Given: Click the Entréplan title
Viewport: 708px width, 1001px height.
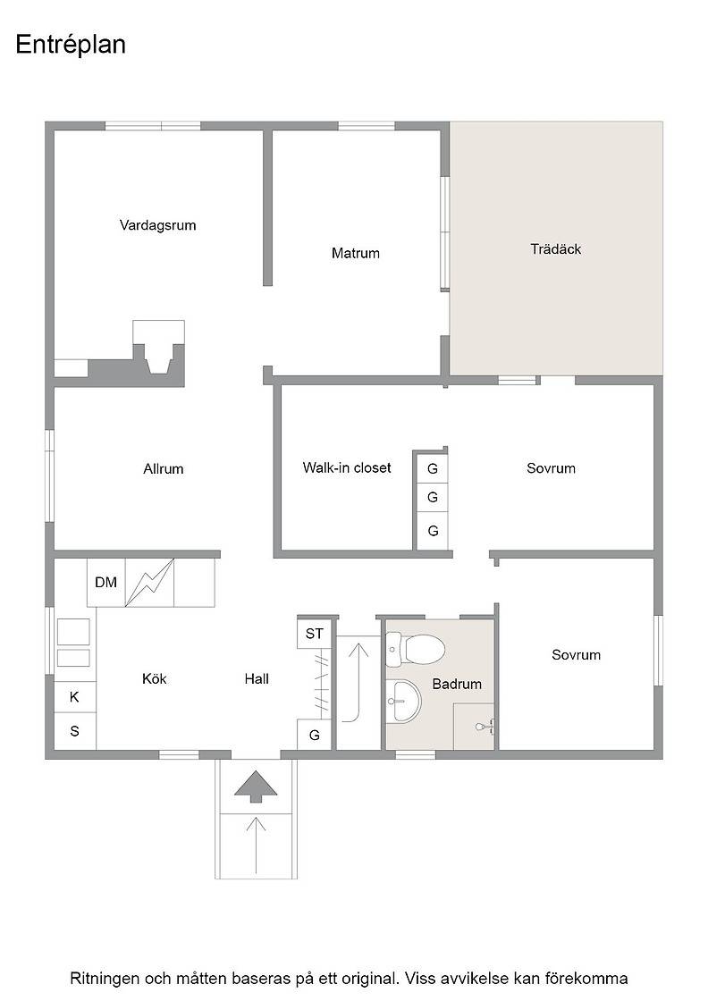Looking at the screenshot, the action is point(71,46).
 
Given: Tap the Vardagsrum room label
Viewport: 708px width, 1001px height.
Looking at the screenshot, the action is point(157,225).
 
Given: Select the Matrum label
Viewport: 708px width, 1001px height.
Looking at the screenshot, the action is point(356,254).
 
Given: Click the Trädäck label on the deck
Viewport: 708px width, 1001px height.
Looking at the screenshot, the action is point(555,249).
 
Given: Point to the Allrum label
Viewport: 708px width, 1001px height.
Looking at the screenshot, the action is point(164,469).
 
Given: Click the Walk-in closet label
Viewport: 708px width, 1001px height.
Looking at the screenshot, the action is point(347,468).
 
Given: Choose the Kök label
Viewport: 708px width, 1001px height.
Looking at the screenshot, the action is point(155,678).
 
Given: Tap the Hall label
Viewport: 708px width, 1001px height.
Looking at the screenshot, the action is point(257,679).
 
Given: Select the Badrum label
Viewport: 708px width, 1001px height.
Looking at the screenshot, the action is point(457,685).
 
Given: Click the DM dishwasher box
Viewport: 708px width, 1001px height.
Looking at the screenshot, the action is point(106,582).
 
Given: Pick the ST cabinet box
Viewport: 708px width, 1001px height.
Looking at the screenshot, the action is point(314,634).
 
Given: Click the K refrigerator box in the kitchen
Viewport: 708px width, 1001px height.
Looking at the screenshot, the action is point(75,697).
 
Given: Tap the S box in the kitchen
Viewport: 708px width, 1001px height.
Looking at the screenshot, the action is point(75,731).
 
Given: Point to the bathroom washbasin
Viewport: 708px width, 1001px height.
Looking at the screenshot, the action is point(404,701).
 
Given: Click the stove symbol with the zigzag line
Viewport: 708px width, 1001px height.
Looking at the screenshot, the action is point(150,582).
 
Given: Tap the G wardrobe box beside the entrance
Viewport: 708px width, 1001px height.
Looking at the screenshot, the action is point(314,736).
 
